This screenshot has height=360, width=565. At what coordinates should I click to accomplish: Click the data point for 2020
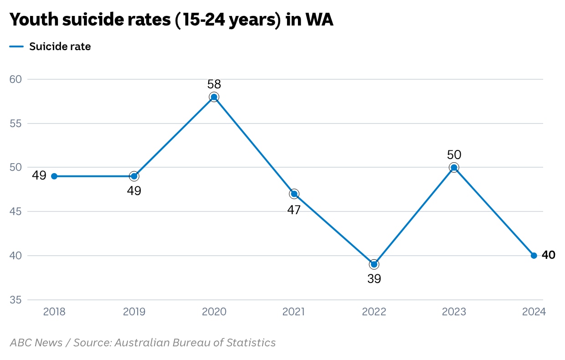click(x=214, y=97)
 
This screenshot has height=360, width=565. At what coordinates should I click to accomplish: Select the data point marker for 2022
click(x=374, y=264)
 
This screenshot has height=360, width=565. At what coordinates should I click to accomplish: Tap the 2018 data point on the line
click(x=54, y=176)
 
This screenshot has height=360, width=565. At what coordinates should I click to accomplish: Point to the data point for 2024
click(x=534, y=256)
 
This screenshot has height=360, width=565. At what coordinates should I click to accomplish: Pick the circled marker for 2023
click(x=454, y=168)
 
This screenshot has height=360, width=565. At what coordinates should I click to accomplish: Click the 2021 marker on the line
click(x=294, y=194)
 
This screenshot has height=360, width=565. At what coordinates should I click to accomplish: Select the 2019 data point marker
click(x=134, y=176)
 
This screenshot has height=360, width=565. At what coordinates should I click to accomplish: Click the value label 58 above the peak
click(x=214, y=84)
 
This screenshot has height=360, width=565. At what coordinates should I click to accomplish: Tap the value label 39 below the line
click(x=374, y=279)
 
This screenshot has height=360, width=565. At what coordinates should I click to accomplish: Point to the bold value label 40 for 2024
click(x=549, y=255)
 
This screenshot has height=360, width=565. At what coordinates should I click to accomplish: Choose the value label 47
click(x=294, y=210)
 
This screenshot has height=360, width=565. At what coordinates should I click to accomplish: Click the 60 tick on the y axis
click(x=15, y=79)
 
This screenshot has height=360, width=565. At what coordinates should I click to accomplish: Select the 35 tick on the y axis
click(x=15, y=300)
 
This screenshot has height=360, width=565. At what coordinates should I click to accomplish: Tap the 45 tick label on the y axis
click(x=15, y=211)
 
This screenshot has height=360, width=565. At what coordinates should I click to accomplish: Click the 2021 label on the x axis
click(x=294, y=312)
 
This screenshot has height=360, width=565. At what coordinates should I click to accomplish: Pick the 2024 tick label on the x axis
click(x=534, y=312)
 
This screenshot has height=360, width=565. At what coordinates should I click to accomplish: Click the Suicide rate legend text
click(x=60, y=46)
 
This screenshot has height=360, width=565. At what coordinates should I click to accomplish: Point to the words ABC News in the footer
click(x=36, y=343)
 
